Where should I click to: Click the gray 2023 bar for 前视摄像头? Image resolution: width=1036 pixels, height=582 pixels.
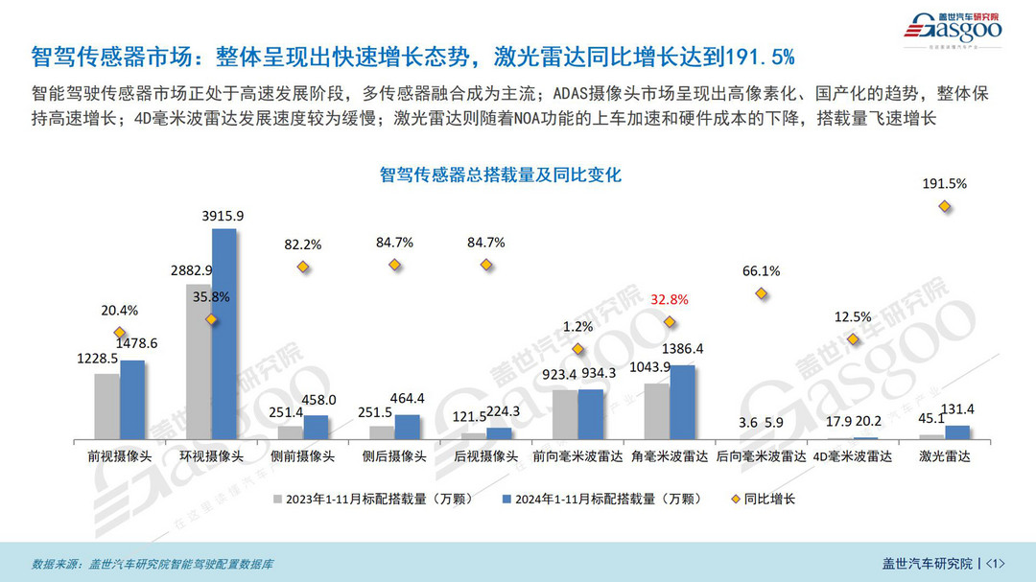[106, 406]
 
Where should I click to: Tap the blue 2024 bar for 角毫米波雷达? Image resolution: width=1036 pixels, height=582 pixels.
[682, 402]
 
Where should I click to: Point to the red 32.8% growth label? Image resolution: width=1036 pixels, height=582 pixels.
[669, 299]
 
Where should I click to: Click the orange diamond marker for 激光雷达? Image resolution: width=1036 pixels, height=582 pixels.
[944, 206]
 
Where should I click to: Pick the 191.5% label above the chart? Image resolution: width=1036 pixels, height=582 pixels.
[944, 183]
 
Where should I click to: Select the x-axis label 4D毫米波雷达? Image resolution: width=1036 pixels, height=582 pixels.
[852, 456]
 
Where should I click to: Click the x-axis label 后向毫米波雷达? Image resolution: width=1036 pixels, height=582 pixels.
[761, 456]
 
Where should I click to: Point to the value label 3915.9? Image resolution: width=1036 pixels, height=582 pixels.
[223, 216]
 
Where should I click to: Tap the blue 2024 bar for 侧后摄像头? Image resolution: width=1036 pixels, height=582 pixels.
[407, 427]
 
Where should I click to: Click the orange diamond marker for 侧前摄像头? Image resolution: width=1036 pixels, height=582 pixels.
[303, 267]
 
